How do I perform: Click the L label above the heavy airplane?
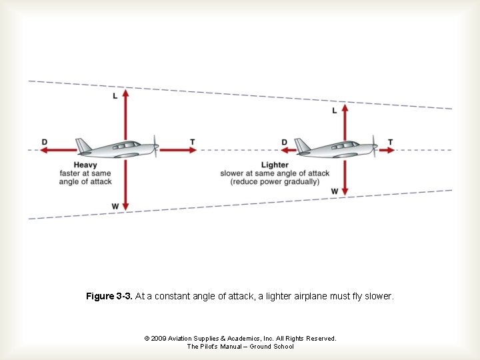click(x=115, y=96)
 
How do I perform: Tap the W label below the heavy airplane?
click(x=115, y=207)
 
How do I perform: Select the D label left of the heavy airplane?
click(x=45, y=142)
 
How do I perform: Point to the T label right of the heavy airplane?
click(x=193, y=142)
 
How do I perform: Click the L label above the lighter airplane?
click(x=335, y=111)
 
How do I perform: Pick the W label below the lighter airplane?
click(x=335, y=191)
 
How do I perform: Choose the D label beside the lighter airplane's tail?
click(x=285, y=142)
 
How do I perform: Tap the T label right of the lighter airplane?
click(x=391, y=142)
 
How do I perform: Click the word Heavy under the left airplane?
click(x=85, y=165)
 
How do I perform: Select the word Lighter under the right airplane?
click(x=275, y=165)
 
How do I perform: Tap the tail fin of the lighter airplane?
click(x=302, y=145)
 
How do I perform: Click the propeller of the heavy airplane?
click(x=156, y=146)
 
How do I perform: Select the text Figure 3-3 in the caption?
click(x=109, y=296)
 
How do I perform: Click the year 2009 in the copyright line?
click(x=159, y=339)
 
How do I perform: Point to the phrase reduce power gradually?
click(x=275, y=182)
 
